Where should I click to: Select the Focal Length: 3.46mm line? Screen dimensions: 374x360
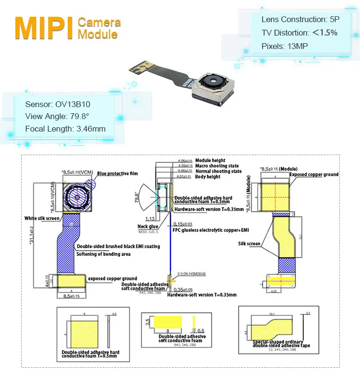point(65,129)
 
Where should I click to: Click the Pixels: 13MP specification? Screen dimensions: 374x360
point(285,46)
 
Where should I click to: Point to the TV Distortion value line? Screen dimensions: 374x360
point(299,33)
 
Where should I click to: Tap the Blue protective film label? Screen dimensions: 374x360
point(118,173)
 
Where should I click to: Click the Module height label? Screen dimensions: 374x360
point(210,160)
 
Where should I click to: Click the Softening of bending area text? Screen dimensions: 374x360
point(103,254)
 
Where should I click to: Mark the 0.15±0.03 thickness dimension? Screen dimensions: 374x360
point(183,224)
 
